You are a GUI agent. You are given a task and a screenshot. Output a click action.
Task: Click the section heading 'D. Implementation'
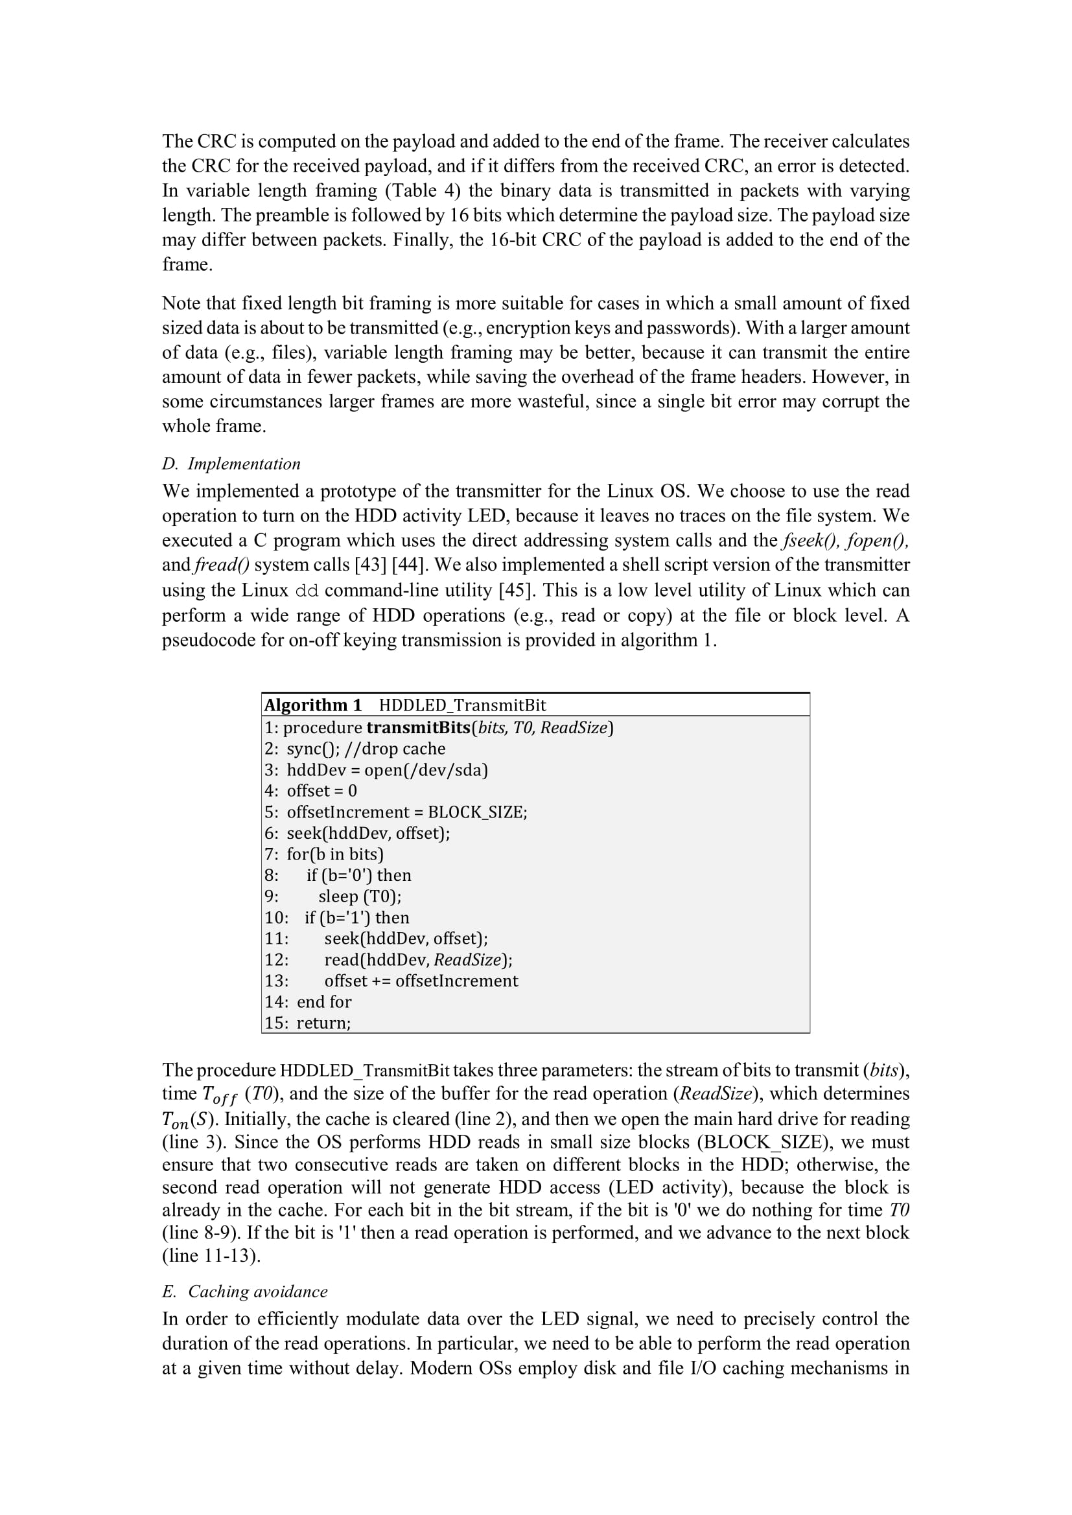(231, 464)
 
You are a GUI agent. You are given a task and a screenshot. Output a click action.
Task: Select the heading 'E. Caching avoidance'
(245, 1292)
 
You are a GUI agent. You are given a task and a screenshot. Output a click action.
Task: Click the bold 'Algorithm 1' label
(313, 705)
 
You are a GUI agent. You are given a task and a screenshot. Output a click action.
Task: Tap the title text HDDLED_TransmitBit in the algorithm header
(462, 705)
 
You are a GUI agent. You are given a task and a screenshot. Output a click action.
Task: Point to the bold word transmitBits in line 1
(419, 727)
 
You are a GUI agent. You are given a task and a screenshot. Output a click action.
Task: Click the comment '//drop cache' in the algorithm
(403, 748)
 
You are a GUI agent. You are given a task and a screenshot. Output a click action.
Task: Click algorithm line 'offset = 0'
(321, 790)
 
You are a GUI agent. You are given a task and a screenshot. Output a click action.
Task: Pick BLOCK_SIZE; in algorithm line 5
(477, 812)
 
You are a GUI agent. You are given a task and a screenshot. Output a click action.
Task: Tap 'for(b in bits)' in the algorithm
(334, 854)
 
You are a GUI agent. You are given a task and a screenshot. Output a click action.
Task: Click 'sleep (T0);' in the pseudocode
(360, 896)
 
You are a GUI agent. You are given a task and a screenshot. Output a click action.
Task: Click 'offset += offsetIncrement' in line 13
(421, 981)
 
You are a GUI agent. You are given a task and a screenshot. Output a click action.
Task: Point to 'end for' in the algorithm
(324, 1001)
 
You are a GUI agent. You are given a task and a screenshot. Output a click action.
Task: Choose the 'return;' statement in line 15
(323, 1023)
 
